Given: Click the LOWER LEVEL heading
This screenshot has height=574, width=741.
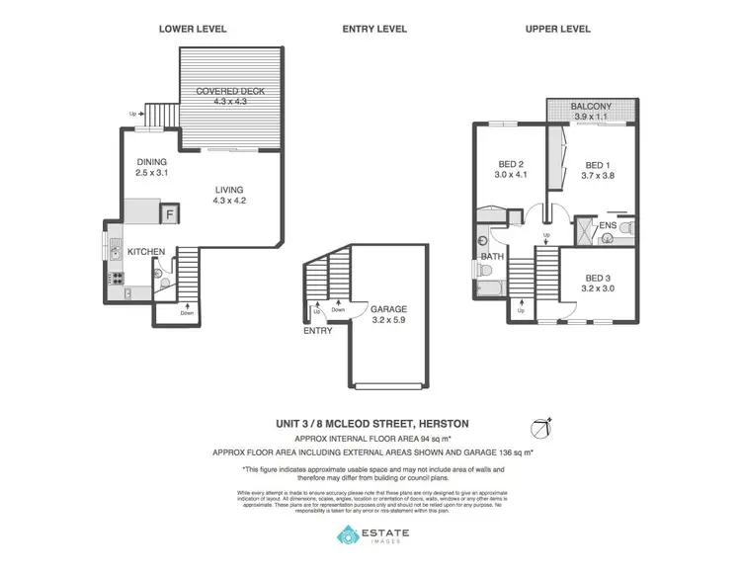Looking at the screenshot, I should (193, 29).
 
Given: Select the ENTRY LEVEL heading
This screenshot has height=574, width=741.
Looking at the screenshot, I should (374, 29).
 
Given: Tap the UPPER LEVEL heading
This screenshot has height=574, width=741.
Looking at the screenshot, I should (557, 29).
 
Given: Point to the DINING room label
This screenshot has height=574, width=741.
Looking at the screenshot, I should (152, 167).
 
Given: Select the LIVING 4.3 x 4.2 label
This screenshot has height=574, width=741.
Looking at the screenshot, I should (228, 196).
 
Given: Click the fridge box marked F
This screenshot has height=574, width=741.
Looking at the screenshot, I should (170, 213).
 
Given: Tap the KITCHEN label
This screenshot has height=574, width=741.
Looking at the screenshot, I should (144, 252).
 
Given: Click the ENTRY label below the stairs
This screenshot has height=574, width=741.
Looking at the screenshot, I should (317, 331).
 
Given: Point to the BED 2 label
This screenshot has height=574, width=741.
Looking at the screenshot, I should (507, 171).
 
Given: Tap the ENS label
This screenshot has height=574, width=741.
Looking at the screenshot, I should (608, 225).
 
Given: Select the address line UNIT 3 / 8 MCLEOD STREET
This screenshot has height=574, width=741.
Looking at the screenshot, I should (372, 423).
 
